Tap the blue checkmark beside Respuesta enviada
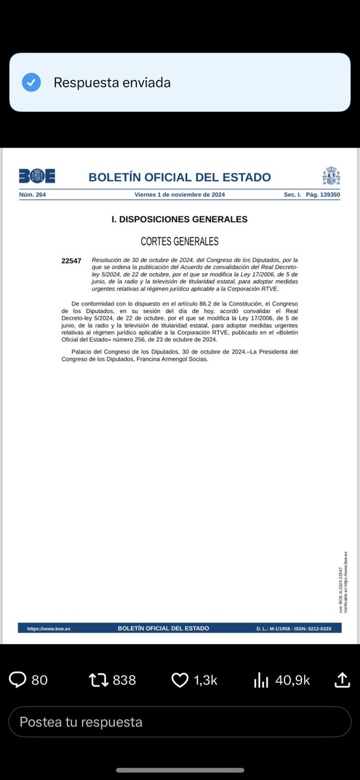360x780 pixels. [x=31, y=83]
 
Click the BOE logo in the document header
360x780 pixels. [x=36, y=176]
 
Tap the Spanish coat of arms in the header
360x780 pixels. [x=331, y=176]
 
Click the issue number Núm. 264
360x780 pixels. [x=32, y=194]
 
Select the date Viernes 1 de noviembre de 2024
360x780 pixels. [x=179, y=194]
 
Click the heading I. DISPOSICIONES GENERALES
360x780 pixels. [x=179, y=219]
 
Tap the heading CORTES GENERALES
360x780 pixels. [x=179, y=241]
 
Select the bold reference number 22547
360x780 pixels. [x=71, y=261]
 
